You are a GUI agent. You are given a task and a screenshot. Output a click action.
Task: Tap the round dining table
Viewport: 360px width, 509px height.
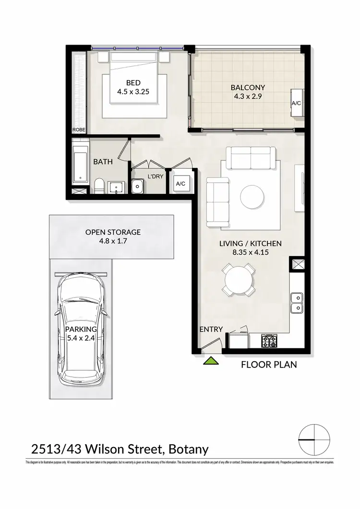point(239,280)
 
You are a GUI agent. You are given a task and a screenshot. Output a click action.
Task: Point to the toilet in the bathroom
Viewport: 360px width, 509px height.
point(99,186)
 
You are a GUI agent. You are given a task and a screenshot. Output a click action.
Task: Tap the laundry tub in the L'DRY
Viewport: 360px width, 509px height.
point(137,185)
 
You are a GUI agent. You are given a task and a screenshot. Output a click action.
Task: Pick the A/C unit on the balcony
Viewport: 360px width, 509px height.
point(296,103)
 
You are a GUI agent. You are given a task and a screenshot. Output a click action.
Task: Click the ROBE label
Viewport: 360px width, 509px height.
point(79,130)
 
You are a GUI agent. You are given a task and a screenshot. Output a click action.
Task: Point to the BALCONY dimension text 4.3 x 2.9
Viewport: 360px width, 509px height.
point(248,96)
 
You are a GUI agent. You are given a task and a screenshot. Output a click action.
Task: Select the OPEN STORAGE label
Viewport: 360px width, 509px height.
point(113,232)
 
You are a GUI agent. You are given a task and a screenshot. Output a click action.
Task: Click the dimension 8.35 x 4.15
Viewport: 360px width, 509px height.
point(250,252)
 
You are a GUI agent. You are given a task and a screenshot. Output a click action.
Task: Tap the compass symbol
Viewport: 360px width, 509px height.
point(314,440)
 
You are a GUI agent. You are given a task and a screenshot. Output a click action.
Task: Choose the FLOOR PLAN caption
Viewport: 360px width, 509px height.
point(268,365)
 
